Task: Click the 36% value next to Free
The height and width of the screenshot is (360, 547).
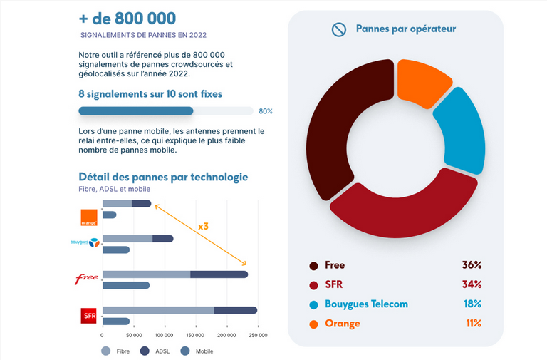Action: [x=472, y=265]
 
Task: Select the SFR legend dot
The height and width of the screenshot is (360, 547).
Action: [x=313, y=285]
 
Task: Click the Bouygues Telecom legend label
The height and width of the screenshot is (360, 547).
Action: [x=366, y=304]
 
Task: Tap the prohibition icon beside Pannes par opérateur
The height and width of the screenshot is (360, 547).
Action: [x=338, y=29]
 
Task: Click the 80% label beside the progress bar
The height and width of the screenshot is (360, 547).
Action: [x=265, y=111]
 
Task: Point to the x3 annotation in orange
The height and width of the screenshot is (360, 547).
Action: [x=202, y=226]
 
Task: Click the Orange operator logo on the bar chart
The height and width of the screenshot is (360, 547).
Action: [x=89, y=217]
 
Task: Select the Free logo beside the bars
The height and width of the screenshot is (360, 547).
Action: [x=87, y=279]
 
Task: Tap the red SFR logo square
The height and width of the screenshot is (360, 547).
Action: [x=89, y=314]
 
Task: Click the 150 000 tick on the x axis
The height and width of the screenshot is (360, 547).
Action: [x=194, y=334]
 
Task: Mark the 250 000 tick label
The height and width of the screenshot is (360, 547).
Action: [x=257, y=334]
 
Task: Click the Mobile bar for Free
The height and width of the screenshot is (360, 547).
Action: [x=126, y=285]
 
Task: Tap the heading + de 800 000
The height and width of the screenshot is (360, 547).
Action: [x=127, y=18]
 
